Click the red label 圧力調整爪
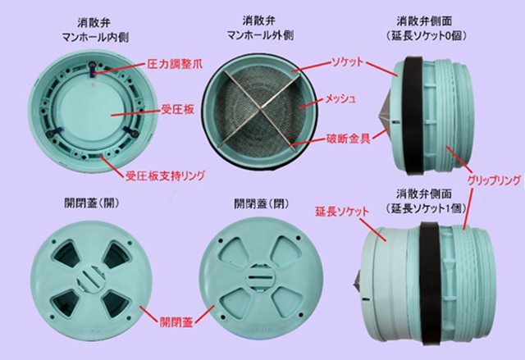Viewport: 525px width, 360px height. (x=175, y=64)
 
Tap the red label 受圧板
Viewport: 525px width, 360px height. (x=177, y=109)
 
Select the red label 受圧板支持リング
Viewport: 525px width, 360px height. (x=165, y=175)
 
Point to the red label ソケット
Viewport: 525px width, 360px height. (x=347, y=62)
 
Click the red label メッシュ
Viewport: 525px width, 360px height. (x=341, y=98)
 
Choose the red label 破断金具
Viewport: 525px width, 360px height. (x=349, y=139)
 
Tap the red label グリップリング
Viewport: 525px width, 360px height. (x=494, y=180)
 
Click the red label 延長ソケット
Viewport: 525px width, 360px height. (x=342, y=212)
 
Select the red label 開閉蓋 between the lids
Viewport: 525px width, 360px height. (x=176, y=322)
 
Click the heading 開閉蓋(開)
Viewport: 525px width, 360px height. (x=91, y=203)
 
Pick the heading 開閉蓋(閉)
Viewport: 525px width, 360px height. (x=261, y=203)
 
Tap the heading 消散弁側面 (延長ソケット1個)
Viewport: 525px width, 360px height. (x=426, y=201)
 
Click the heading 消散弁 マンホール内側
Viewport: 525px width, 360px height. (x=95, y=30)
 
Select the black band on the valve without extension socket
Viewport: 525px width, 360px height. (x=414, y=116)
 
